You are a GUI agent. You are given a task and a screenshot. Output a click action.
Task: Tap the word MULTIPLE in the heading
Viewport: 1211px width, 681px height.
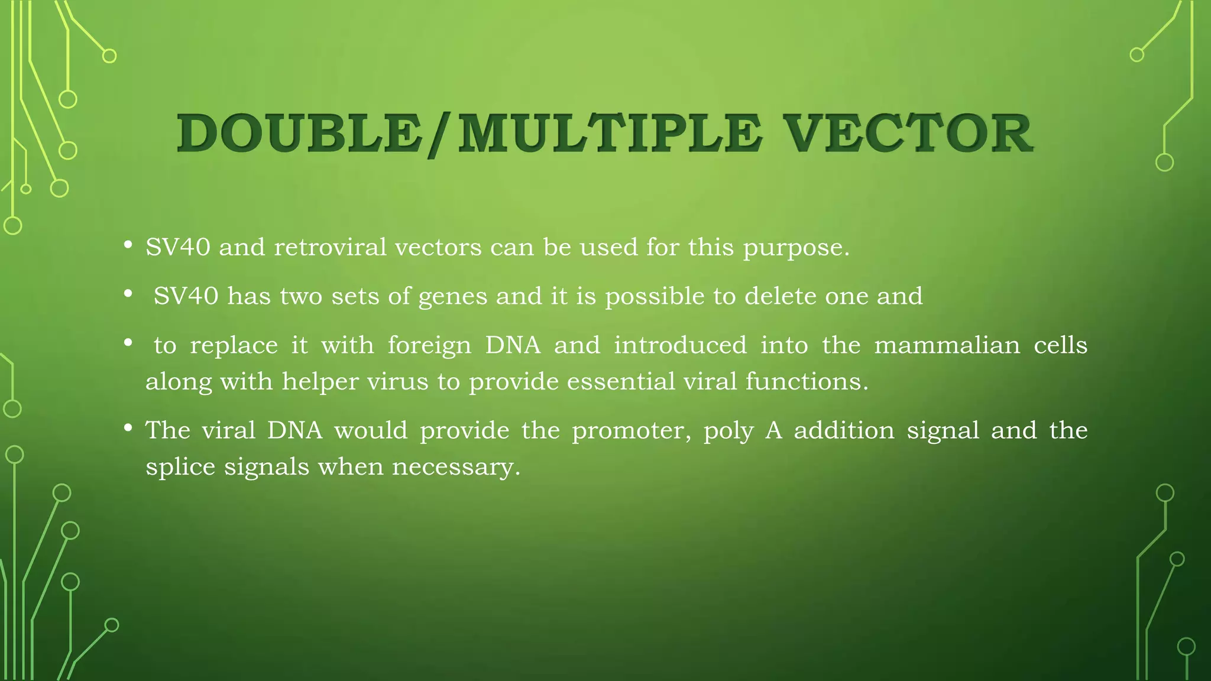coord(610,134)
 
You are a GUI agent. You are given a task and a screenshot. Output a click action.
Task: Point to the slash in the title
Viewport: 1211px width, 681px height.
coord(438,135)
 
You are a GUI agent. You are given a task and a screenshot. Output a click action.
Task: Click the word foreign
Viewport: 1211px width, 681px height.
coord(429,345)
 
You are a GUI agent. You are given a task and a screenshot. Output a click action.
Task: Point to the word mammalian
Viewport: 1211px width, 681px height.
coord(947,345)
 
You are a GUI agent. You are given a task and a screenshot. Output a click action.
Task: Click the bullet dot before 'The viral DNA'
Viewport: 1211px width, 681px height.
coord(128,427)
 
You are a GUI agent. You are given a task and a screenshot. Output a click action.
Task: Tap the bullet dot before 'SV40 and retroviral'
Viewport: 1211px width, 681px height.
coord(128,245)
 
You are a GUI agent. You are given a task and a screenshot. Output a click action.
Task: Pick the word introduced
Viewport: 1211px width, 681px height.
coord(680,345)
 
